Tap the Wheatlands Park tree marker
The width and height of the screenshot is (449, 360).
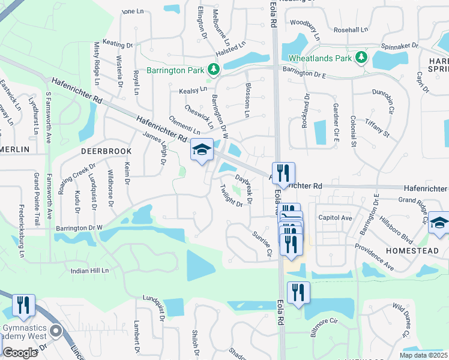click(361, 58)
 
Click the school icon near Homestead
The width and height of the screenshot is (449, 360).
click(439, 223)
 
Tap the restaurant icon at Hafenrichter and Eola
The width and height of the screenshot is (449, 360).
click(282, 173)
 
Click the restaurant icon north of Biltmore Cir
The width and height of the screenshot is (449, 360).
click(298, 293)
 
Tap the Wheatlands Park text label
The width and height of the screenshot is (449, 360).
click(320, 58)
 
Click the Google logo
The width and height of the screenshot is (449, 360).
click(20, 352)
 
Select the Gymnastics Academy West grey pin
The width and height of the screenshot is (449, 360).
click(56, 331)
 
